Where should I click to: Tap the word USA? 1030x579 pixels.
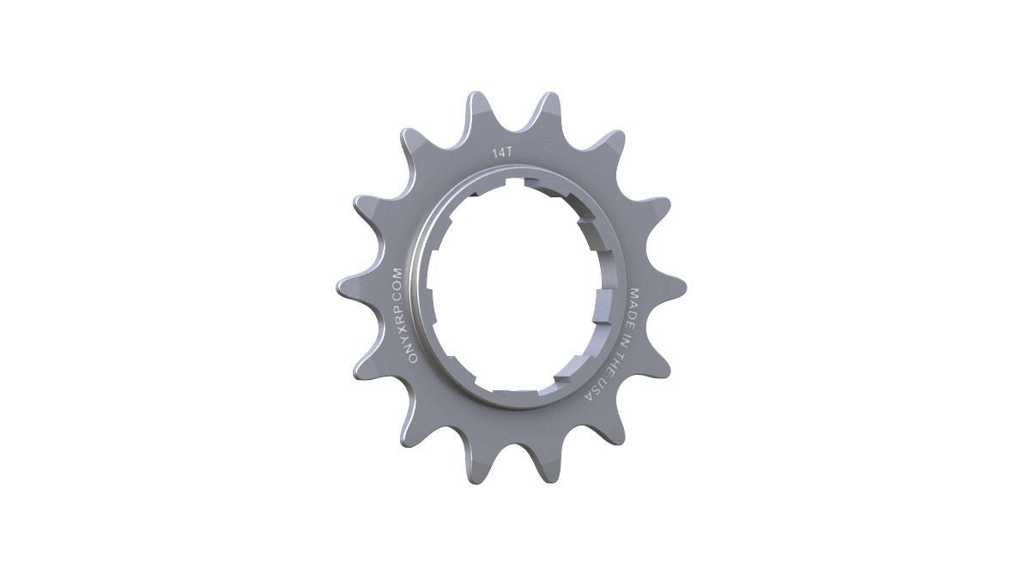pyautogui.click(x=592, y=389)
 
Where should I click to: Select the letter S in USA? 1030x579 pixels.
pyautogui.click(x=592, y=389)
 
